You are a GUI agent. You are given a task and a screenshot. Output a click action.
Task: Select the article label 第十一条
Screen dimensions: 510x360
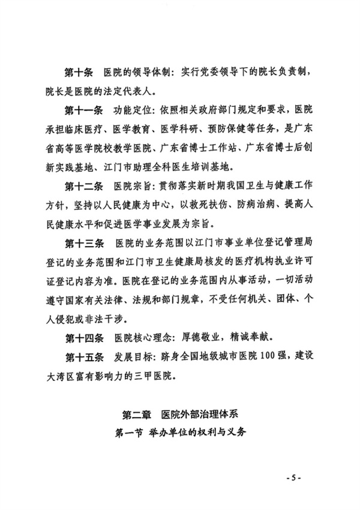click(82, 111)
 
